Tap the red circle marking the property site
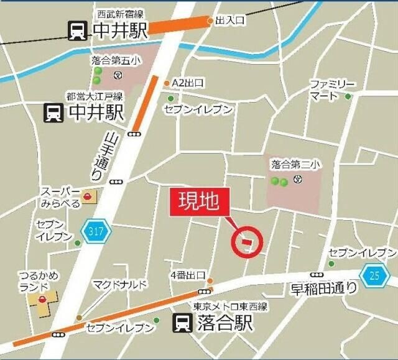point(248,241)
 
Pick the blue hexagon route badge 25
point(374,274)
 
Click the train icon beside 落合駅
point(182,323)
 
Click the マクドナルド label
point(121,285)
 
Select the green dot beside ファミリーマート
point(348,96)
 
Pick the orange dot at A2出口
point(167,83)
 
